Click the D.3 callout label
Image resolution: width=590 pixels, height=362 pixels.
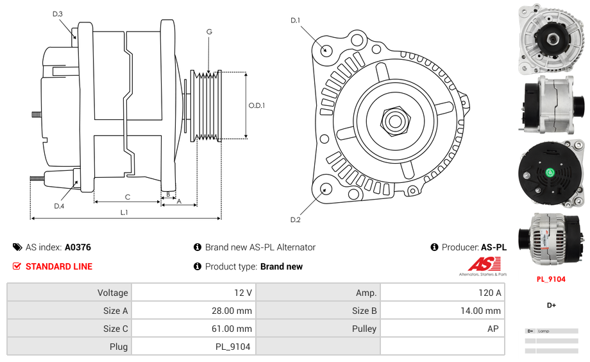[58, 13]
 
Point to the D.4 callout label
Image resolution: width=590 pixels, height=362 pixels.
[59, 206]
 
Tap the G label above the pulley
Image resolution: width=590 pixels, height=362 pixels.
[209, 31]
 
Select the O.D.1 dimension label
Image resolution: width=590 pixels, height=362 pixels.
[257, 106]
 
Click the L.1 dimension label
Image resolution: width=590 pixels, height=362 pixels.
[124, 212]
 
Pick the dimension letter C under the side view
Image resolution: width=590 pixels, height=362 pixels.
[128, 197]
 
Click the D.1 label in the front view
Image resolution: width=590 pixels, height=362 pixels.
[295, 21]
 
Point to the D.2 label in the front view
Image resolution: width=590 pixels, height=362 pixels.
[295, 220]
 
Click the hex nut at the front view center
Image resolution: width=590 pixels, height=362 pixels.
[394, 120]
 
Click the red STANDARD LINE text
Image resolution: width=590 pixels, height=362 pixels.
[59, 266]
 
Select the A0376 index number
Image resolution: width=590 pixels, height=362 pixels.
[78, 247]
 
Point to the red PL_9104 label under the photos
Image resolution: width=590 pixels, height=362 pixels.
[551, 279]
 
